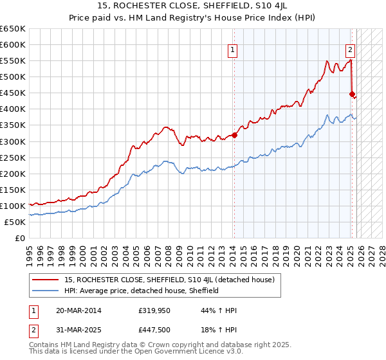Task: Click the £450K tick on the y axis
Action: click(x=13, y=93)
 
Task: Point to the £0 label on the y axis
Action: click(x=20, y=239)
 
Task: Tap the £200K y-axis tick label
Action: click(x=13, y=174)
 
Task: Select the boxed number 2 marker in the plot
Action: click(x=350, y=48)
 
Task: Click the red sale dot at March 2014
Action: click(x=235, y=135)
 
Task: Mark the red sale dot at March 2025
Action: click(x=352, y=94)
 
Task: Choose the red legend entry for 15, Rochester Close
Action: click(x=170, y=280)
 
